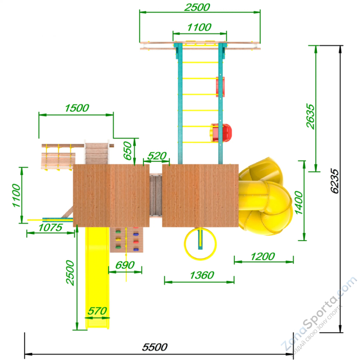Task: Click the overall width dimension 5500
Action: pos(154,347)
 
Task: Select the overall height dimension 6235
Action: pos(334,181)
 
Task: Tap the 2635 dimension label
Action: pos(310,116)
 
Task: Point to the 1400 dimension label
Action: pos(299,203)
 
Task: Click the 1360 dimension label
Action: pos(202,275)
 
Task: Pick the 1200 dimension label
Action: pos(263,257)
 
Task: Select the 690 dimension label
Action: pos(124,265)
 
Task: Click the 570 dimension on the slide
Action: pos(97,311)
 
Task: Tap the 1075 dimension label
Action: pos(50,227)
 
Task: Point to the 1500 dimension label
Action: pos(77,108)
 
